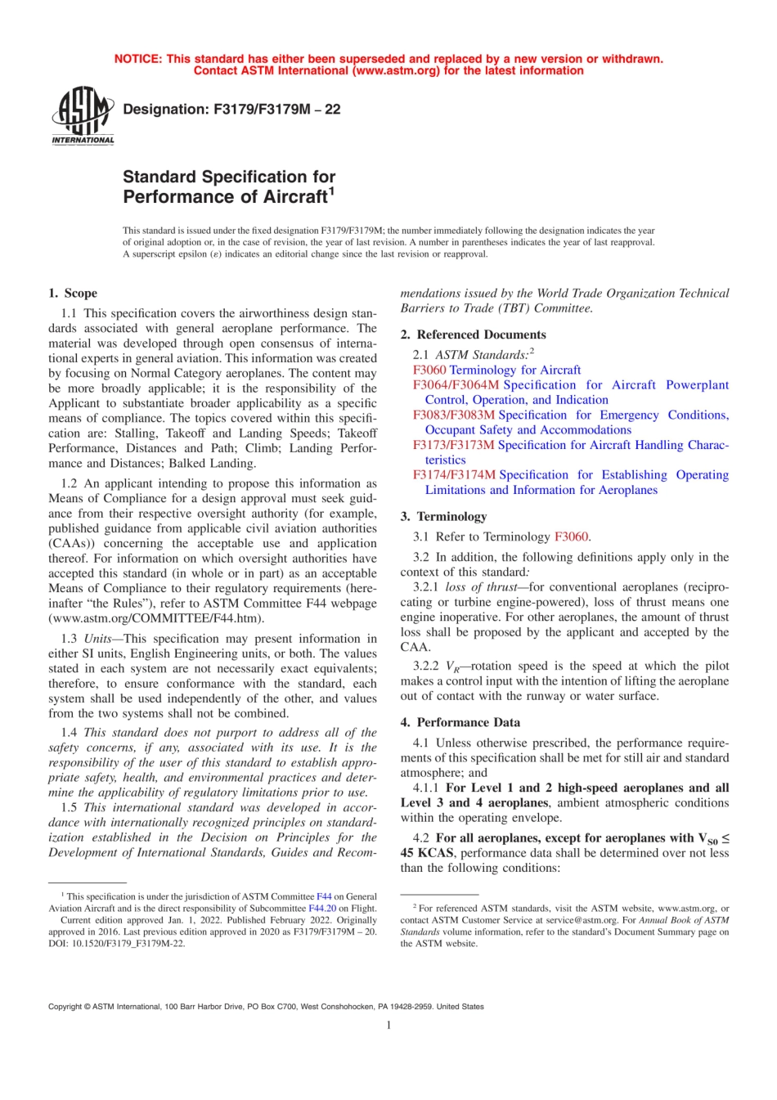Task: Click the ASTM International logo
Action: [x=83, y=116]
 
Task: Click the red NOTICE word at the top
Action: [x=137, y=59]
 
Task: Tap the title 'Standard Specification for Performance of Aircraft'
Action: [x=229, y=186]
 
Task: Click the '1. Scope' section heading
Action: [x=73, y=293]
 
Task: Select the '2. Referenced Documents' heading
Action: [x=473, y=334]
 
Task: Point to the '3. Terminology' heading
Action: [x=443, y=516]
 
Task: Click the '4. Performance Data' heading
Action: [x=460, y=722]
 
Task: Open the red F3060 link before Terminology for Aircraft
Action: [x=429, y=370]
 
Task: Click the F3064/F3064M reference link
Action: [x=456, y=384]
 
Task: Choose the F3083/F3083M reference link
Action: [x=454, y=415]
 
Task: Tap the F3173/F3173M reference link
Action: [x=453, y=445]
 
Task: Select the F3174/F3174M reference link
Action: [x=454, y=474]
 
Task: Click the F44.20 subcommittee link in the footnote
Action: [x=321, y=908]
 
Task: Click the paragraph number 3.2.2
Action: [x=425, y=666]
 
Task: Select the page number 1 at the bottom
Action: [x=388, y=1025]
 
